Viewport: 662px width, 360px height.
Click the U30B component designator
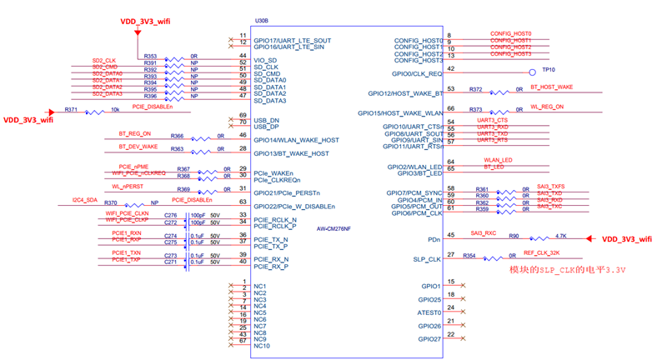click(x=261, y=19)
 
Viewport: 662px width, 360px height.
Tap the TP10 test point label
click(x=548, y=70)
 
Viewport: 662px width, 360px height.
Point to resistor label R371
click(x=71, y=110)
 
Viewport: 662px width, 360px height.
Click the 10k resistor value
click(x=114, y=110)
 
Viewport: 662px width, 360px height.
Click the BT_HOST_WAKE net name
click(x=552, y=87)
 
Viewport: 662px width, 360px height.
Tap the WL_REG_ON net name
click(x=547, y=107)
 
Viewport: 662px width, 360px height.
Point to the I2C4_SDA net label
click(x=85, y=200)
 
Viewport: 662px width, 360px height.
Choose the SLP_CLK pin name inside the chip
click(x=426, y=259)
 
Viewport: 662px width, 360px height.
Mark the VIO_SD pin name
click(x=266, y=60)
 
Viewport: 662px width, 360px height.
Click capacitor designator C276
click(x=171, y=215)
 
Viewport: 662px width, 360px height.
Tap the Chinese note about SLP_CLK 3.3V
click(x=567, y=270)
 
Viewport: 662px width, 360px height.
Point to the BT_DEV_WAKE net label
click(x=138, y=147)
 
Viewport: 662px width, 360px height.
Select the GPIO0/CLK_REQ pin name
click(x=414, y=73)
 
